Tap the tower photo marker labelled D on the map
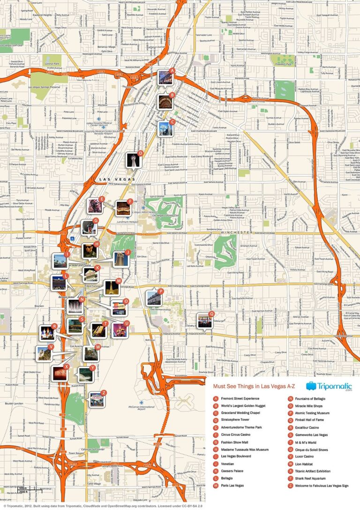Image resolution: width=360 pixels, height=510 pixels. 133,160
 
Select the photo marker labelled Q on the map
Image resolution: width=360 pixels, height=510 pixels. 204,321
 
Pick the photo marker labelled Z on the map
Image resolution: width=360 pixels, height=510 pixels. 97,399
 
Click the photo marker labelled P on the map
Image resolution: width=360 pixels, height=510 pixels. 153,297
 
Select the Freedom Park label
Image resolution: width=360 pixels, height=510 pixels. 283,64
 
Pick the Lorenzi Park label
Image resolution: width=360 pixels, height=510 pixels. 52,62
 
